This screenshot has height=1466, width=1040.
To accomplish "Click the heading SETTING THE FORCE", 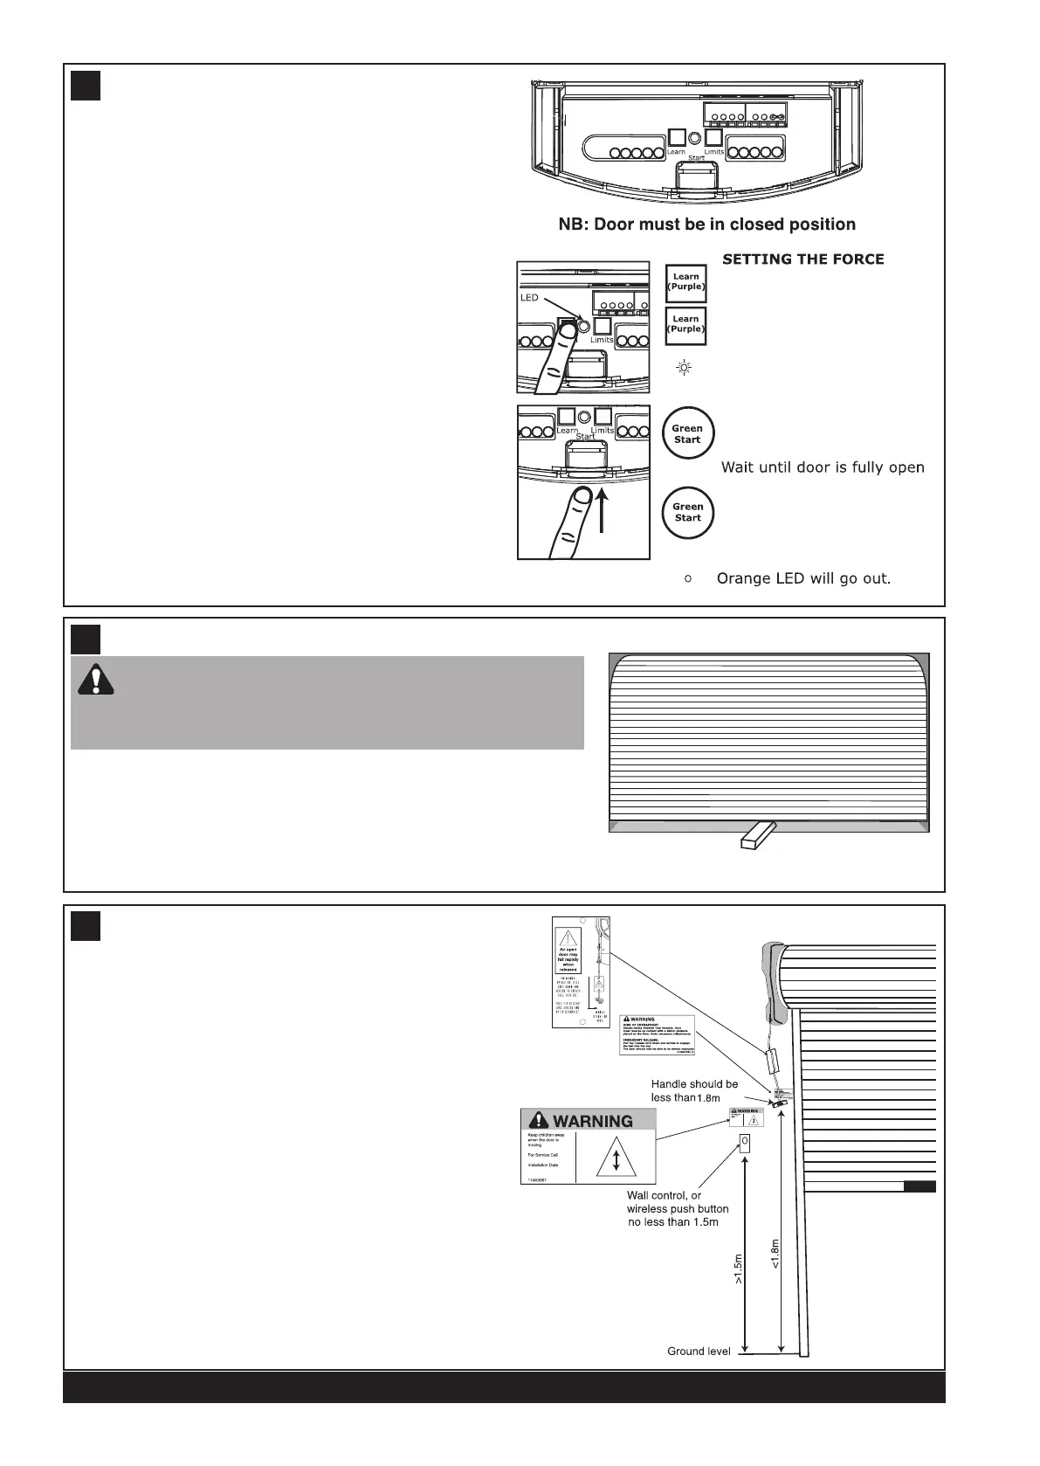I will (x=802, y=259).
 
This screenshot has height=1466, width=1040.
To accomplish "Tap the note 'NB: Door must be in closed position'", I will (x=706, y=225).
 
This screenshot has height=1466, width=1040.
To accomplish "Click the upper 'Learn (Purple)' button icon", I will (x=685, y=282).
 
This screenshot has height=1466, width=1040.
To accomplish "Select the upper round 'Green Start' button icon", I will (x=687, y=433).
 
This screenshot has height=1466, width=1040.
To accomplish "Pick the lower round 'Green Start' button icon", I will (x=687, y=512).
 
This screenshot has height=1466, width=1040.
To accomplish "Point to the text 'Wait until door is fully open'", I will (x=822, y=467).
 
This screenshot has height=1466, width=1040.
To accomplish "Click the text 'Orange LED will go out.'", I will (x=802, y=578).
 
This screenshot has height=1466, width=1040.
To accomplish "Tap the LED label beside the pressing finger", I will (x=529, y=298).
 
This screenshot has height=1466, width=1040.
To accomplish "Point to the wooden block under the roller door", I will (x=755, y=834).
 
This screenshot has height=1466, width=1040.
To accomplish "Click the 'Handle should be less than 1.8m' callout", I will (x=694, y=1090).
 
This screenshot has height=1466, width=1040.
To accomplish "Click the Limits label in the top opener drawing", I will (x=714, y=151).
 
